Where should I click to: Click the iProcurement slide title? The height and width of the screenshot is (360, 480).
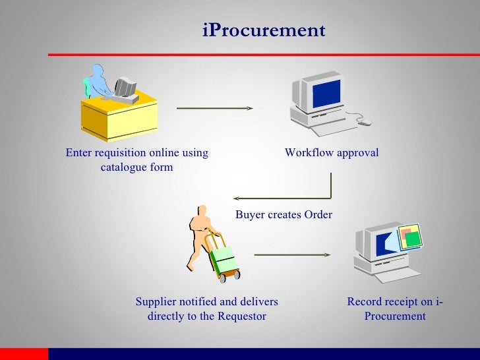coord(264,31)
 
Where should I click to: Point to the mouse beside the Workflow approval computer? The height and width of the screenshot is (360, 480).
coord(364,122)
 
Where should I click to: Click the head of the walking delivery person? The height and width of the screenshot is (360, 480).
coord(201,211)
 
